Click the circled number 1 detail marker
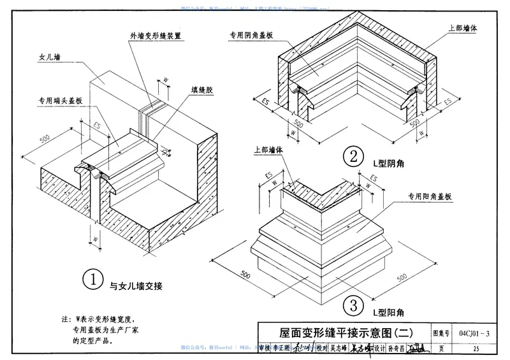[x=94, y=278]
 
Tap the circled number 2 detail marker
[x=351, y=157]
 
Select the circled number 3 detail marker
[x=351, y=305]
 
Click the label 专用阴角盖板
[x=251, y=36]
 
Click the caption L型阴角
[x=388, y=164]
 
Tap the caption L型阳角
[x=388, y=313]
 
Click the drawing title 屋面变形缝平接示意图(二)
[x=346, y=333]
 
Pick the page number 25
[x=475, y=349]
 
